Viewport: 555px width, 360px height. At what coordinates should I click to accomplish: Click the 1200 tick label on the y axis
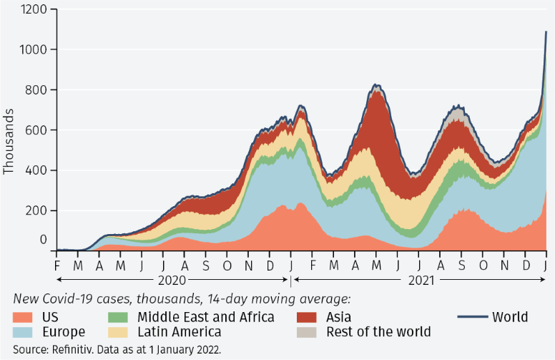(x=34, y=9)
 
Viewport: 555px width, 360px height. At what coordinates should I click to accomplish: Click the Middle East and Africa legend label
(x=205, y=316)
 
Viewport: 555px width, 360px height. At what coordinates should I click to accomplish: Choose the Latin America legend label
(x=178, y=332)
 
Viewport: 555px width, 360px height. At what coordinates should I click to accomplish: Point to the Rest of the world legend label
(x=378, y=332)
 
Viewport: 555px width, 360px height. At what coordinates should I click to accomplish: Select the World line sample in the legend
(x=471, y=317)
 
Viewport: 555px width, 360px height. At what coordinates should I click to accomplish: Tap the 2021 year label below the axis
(x=421, y=280)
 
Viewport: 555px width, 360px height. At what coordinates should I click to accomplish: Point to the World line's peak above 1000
(x=546, y=31)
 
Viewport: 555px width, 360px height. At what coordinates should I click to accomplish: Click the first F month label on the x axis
(x=57, y=264)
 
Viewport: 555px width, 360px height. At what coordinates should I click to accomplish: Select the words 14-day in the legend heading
(x=221, y=299)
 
